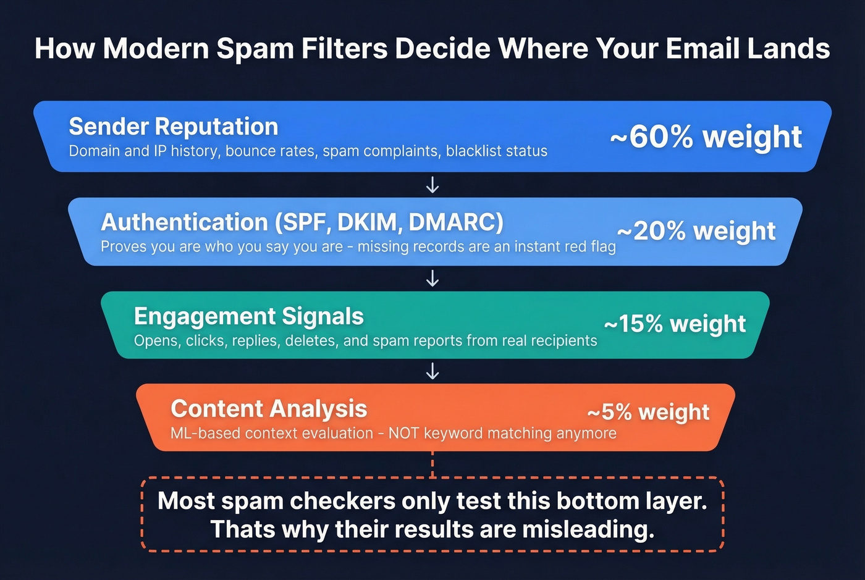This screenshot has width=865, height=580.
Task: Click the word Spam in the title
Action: pyautogui.click(x=255, y=49)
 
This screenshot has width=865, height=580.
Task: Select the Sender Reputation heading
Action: pyautogui.click(x=174, y=127)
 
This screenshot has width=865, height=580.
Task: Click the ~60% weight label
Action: pyautogui.click(x=706, y=137)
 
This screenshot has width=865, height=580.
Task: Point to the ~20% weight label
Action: pyautogui.click(x=696, y=231)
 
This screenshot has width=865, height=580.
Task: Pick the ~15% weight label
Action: pyautogui.click(x=675, y=324)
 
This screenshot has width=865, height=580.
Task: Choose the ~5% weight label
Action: pyautogui.click(x=648, y=412)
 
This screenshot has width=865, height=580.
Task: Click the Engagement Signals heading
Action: pyautogui.click(x=248, y=316)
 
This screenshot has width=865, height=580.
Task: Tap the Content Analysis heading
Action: pyautogui.click(x=269, y=409)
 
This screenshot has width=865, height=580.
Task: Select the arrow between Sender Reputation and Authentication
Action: pyautogui.click(x=432, y=185)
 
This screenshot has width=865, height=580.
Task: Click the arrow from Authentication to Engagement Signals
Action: pyautogui.click(x=432, y=279)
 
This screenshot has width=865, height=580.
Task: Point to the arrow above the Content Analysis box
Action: pyautogui.click(x=432, y=371)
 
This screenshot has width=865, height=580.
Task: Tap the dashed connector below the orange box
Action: pyautogui.click(x=432, y=464)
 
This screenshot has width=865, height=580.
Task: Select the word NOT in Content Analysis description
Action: pyautogui.click(x=403, y=433)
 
